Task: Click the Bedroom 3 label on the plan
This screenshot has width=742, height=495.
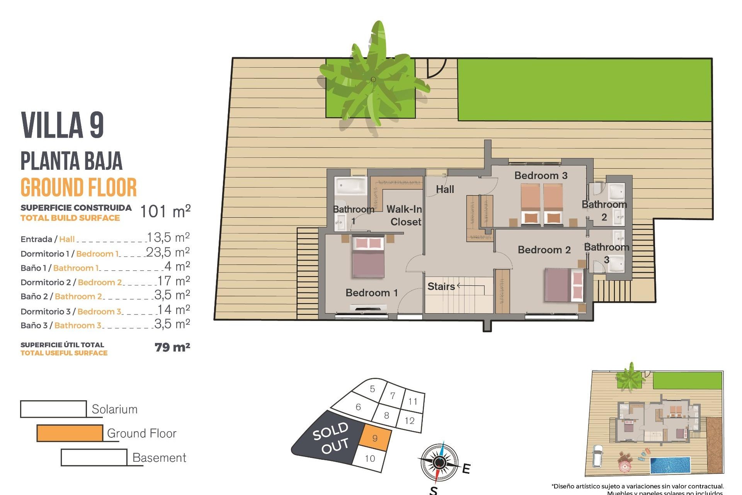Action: pos(541,176)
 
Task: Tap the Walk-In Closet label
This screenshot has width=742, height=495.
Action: pos(404,215)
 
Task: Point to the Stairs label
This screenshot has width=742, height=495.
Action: pos(441,287)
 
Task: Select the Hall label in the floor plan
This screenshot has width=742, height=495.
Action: pos(445,189)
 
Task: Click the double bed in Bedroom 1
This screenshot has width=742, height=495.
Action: pos(368,257)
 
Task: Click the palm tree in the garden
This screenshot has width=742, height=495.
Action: pos(373,80)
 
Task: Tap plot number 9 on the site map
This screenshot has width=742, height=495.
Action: pos(375,439)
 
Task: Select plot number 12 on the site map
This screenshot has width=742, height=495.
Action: pos(410,421)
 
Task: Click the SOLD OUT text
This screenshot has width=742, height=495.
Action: pos(331,438)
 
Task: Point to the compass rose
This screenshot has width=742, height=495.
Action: pos(439,463)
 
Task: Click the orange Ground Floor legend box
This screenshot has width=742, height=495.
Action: pos(70,433)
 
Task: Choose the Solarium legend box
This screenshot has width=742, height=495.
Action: pos(53,409)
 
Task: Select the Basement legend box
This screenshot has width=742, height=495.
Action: pos(94,457)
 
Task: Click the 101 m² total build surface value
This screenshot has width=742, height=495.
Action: pos(165,212)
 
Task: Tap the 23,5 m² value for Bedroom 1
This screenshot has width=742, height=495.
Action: pos(168,253)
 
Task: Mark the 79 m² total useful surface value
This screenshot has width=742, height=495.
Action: pos(172,347)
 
